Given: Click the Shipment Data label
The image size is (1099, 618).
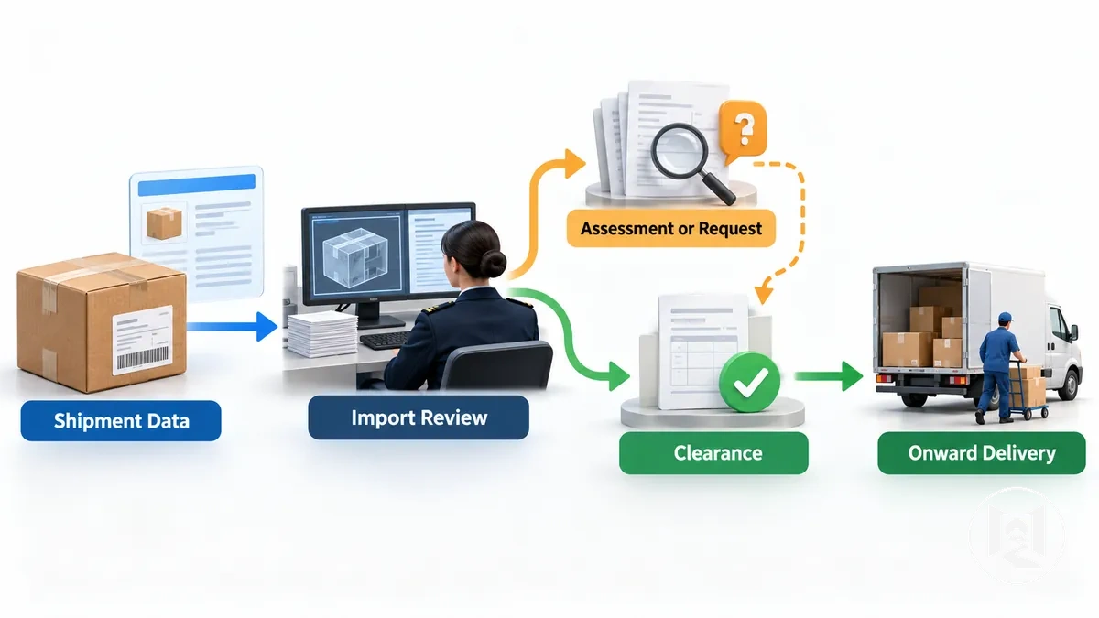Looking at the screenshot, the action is tap(121, 421).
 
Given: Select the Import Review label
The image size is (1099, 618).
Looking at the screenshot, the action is tap(419, 417).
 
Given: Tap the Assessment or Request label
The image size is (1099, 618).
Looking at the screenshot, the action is tap(671, 228).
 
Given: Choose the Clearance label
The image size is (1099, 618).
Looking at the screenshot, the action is tap(713, 452).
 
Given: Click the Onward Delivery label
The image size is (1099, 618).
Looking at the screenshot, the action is tap(982, 452).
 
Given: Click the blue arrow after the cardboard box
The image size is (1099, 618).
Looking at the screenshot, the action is tap(232, 327).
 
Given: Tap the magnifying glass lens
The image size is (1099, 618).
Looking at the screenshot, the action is tap(679, 149).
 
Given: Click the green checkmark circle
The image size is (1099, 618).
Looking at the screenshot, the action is tap(749, 382).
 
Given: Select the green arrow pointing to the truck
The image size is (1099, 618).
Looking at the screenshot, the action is tap(829, 376).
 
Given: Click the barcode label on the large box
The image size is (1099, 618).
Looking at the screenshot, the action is tap(143, 340).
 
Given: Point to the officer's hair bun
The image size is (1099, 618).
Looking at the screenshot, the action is tap(492, 265).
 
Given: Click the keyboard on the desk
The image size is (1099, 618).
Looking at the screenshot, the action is tap(386, 340).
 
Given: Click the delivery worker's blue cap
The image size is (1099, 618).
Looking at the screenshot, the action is tap(1005, 317).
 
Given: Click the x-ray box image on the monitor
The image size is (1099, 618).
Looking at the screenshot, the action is tap(355, 255).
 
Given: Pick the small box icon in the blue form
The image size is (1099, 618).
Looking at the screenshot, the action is tap(164, 222).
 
